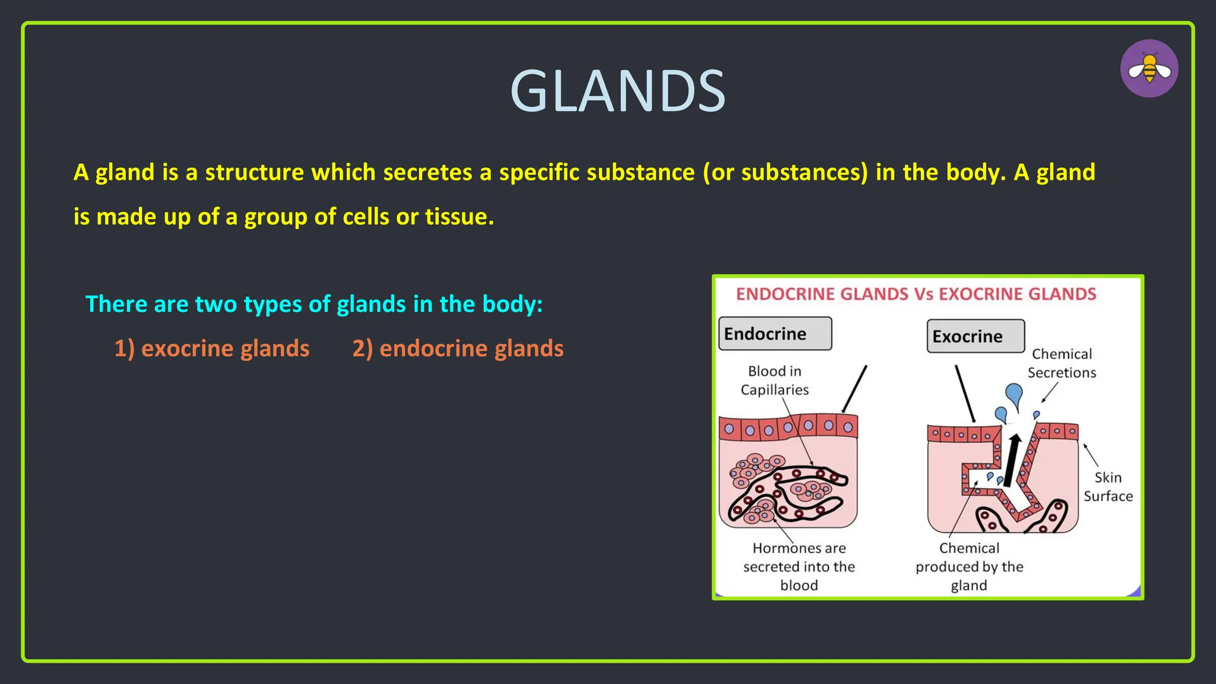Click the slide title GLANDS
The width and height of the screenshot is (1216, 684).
point(617,91)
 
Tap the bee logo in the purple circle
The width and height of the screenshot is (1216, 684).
point(1149,69)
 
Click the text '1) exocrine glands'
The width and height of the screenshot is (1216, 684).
point(212,349)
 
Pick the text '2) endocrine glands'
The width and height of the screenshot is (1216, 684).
point(458,349)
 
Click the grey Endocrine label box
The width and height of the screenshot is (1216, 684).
point(775,334)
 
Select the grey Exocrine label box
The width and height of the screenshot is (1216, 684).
point(976,336)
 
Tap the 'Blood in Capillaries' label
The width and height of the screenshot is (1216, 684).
point(774,381)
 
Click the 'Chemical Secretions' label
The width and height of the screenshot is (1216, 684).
point(1062,363)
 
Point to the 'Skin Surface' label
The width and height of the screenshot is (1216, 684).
point(1108,487)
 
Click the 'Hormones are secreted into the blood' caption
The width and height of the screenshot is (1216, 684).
point(799,566)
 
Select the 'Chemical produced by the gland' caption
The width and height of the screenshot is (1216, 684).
point(969,566)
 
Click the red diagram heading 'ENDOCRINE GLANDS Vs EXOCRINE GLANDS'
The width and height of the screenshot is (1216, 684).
point(916,294)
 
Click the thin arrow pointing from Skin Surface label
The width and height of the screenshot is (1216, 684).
point(1091,455)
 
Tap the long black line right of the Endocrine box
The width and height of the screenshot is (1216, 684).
point(855,388)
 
